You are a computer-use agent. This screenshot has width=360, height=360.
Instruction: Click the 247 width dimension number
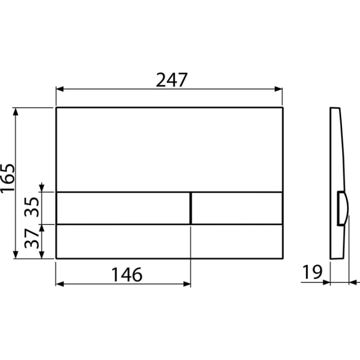(171, 80)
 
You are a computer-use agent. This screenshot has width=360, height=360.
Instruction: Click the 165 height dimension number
(7, 177)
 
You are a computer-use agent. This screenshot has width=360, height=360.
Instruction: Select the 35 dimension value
(32, 207)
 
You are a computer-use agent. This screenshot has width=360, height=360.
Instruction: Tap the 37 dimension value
(32, 238)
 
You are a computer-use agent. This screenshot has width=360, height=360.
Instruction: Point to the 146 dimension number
(126, 274)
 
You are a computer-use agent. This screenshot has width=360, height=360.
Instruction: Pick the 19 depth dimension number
(312, 272)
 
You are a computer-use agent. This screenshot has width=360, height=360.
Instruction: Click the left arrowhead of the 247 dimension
(59, 89)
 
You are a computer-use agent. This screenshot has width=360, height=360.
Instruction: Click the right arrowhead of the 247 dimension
(278, 89)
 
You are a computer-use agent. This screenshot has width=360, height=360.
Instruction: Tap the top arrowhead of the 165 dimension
(15, 111)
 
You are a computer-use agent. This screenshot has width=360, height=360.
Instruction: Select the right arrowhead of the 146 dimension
(187, 284)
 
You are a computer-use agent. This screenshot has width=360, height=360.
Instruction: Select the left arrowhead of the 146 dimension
(59, 284)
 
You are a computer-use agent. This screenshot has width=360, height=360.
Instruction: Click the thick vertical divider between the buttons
(190, 208)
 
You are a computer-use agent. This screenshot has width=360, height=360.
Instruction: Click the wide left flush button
(123, 208)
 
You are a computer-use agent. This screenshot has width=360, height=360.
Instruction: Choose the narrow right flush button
(237, 208)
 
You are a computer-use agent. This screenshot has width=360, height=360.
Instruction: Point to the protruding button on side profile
(342, 208)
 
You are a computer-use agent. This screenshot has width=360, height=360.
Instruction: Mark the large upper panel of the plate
(169, 149)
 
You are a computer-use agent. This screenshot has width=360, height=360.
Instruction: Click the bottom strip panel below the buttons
(169, 241)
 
